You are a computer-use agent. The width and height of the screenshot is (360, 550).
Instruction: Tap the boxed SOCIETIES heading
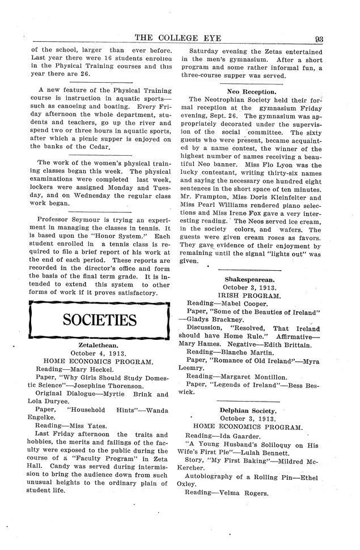click(99, 321)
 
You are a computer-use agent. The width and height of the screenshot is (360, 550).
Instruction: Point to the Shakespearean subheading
click(249, 280)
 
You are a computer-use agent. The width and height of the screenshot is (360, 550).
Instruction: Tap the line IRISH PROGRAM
click(249, 296)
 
